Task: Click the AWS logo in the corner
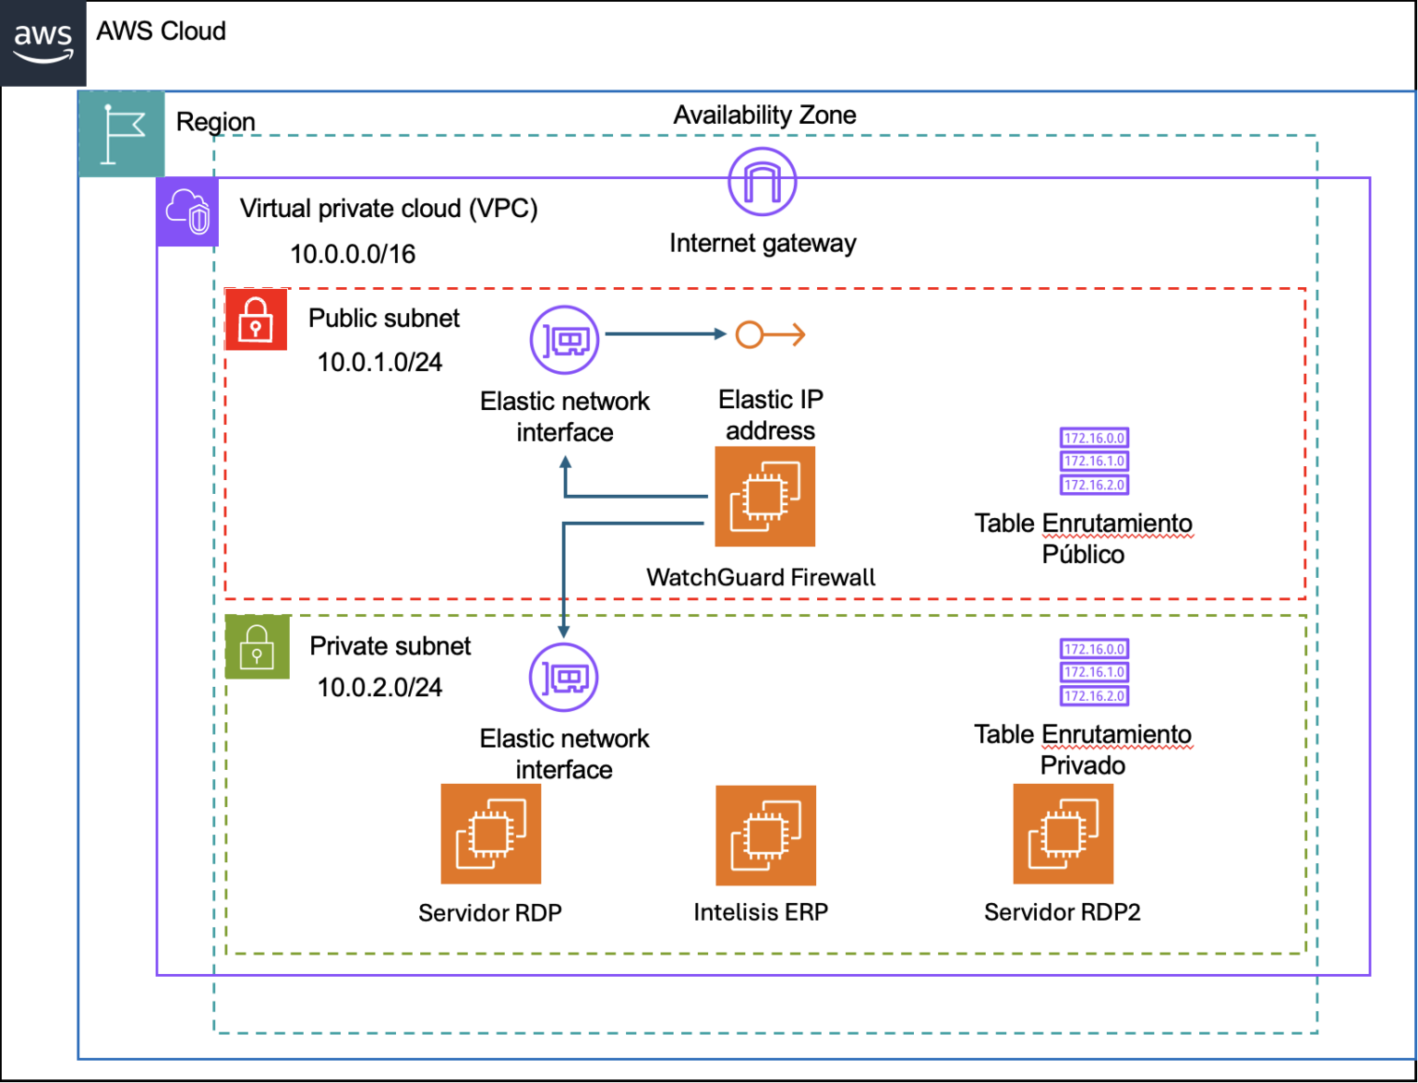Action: pos(43,43)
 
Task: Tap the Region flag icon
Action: pos(122,135)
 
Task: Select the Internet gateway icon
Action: pos(762,181)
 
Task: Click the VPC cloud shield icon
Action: pos(188,212)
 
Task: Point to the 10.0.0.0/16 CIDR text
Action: pos(353,254)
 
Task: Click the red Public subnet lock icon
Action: pos(256,319)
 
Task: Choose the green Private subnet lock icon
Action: pos(258,646)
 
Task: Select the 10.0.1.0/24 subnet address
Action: pos(379,362)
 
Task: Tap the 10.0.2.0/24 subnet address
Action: pos(379,687)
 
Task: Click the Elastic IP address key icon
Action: pos(770,334)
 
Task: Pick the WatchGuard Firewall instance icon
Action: pos(765,497)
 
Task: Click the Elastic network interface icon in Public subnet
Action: pos(565,340)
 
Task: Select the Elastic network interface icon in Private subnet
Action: pos(564,678)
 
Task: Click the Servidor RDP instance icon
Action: pos(491,834)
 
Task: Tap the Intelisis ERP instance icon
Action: pos(765,835)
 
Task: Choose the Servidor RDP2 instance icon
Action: pos(1063,834)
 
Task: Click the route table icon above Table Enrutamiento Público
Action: pos(1094,462)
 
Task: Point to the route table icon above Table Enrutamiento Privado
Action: pos(1094,672)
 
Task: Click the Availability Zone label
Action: pos(764,115)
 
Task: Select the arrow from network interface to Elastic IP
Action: pos(665,334)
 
